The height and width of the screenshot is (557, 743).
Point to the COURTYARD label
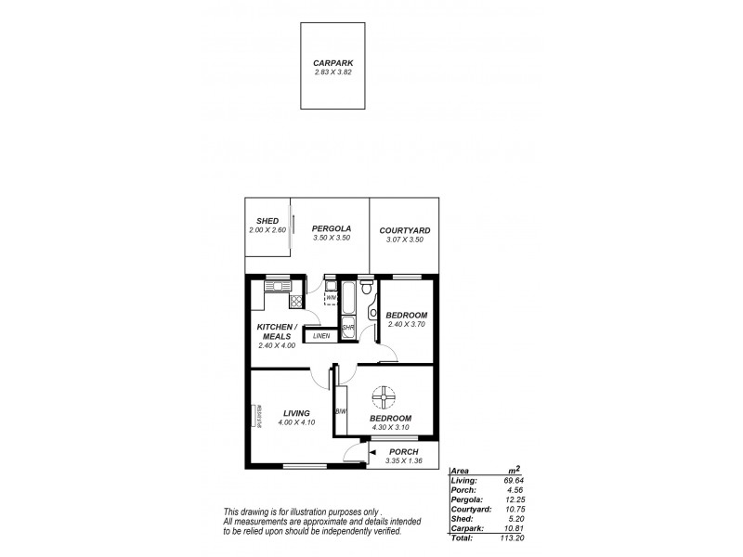(405, 230)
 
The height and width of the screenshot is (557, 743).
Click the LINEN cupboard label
(321, 336)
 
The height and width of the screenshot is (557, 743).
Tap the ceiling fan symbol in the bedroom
(383, 400)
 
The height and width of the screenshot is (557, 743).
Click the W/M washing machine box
(331, 297)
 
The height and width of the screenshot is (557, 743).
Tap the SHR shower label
(347, 328)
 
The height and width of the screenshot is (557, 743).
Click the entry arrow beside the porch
(371, 454)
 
